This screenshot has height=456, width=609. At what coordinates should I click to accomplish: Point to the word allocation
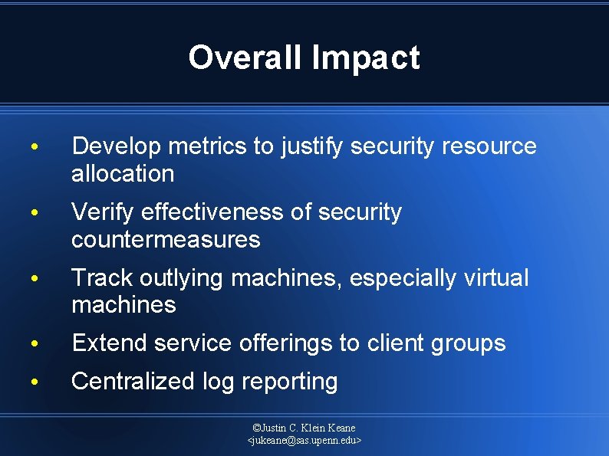[x=123, y=173]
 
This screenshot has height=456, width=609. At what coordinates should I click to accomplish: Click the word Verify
[x=102, y=212]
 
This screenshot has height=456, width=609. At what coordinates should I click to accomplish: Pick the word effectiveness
[x=212, y=212]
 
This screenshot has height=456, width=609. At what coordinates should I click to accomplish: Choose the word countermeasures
[x=166, y=239]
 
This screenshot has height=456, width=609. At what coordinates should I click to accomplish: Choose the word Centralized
[x=133, y=381]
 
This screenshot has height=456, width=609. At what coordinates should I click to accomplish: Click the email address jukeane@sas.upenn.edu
[x=304, y=441]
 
